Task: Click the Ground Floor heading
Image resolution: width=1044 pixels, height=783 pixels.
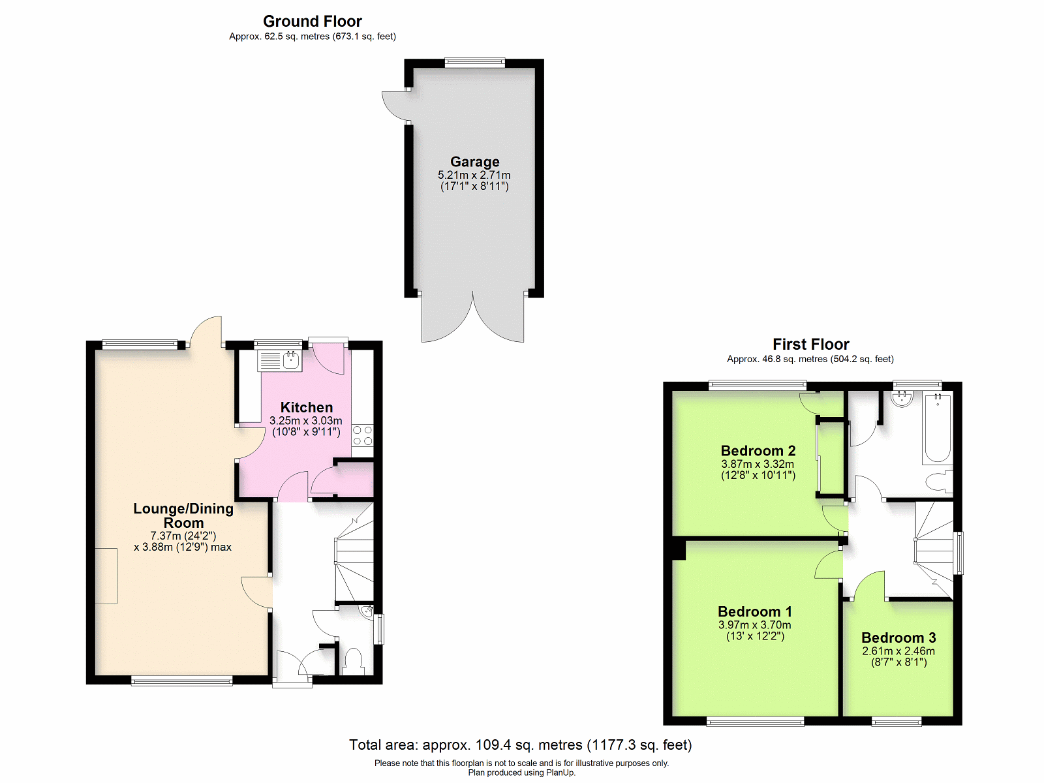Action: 313,22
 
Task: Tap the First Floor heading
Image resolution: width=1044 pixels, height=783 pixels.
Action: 810,345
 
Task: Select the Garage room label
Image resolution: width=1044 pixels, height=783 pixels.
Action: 474,162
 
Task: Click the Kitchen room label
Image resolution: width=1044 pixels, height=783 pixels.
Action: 306,407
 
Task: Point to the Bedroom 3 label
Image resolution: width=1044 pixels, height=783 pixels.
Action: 898,637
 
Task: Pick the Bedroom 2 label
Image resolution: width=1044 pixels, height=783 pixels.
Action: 758,451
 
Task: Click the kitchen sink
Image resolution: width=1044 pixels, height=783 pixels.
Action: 280,361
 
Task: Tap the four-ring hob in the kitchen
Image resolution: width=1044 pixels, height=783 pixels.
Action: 362,435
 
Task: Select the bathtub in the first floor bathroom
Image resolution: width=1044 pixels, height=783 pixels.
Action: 938,427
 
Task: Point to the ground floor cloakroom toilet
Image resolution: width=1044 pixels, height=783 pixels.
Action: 352,662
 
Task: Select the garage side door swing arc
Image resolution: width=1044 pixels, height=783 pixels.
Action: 393,106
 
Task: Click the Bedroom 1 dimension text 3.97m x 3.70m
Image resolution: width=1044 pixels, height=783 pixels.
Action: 755,624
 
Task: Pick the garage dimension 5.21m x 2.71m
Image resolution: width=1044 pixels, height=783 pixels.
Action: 474,175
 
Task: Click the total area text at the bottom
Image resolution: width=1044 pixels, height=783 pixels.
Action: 520,745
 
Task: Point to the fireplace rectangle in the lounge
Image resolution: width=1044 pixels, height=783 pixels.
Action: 106,576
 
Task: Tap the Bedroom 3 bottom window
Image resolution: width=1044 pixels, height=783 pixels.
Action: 897,722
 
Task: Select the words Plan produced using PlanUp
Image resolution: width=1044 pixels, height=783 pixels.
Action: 522,773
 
